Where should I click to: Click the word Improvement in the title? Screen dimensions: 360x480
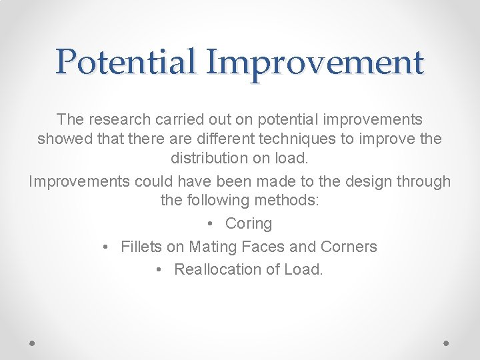pos(315,62)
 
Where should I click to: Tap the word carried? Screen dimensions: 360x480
pos(180,119)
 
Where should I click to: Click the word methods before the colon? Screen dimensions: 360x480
pos(289,200)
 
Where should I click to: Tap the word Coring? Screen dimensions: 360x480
pos(249,223)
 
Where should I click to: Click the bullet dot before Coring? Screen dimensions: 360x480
pos(210,223)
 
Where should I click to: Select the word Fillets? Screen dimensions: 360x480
pos(141,247)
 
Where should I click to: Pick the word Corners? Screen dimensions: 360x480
pos(349,247)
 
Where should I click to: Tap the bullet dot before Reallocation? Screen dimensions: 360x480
pos(159,269)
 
